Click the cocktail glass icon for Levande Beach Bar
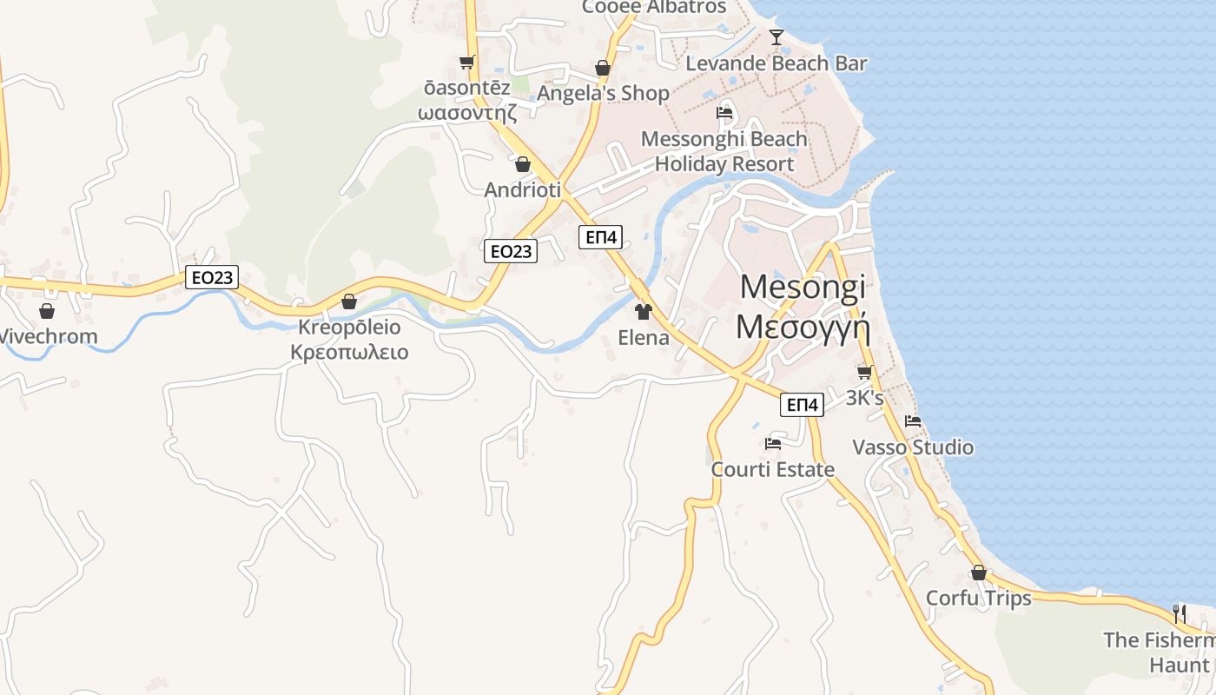(x=777, y=36)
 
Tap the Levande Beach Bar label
(x=776, y=63)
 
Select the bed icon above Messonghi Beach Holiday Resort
(x=724, y=113)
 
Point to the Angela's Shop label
(x=603, y=93)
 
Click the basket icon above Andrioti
(x=523, y=164)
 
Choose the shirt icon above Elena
(x=643, y=312)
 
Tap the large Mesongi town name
(x=803, y=286)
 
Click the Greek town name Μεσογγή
(x=803, y=326)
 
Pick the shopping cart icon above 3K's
(x=864, y=372)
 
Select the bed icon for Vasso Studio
(x=913, y=421)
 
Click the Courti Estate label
(x=772, y=469)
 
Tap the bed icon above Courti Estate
(x=772, y=444)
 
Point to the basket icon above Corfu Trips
(x=979, y=573)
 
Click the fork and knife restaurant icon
(x=1179, y=613)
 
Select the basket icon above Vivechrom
(x=47, y=311)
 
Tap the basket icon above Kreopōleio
(x=349, y=301)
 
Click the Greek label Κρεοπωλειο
(x=349, y=353)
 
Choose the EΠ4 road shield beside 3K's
(x=801, y=404)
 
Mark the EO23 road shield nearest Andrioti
(x=510, y=251)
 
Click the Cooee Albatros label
(x=653, y=7)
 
